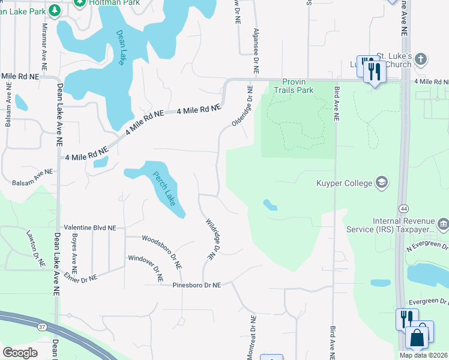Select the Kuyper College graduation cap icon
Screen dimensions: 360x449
pyautogui.click(x=381, y=182)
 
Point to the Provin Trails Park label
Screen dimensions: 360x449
pyautogui.click(x=294, y=86)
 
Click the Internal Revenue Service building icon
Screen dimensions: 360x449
pyautogui.click(x=443, y=225)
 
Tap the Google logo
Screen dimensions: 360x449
pyautogui.click(x=20, y=353)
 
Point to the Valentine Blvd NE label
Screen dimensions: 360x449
pyautogui.click(x=90, y=229)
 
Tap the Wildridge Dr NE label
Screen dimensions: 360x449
pyautogui.click(x=211, y=238)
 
